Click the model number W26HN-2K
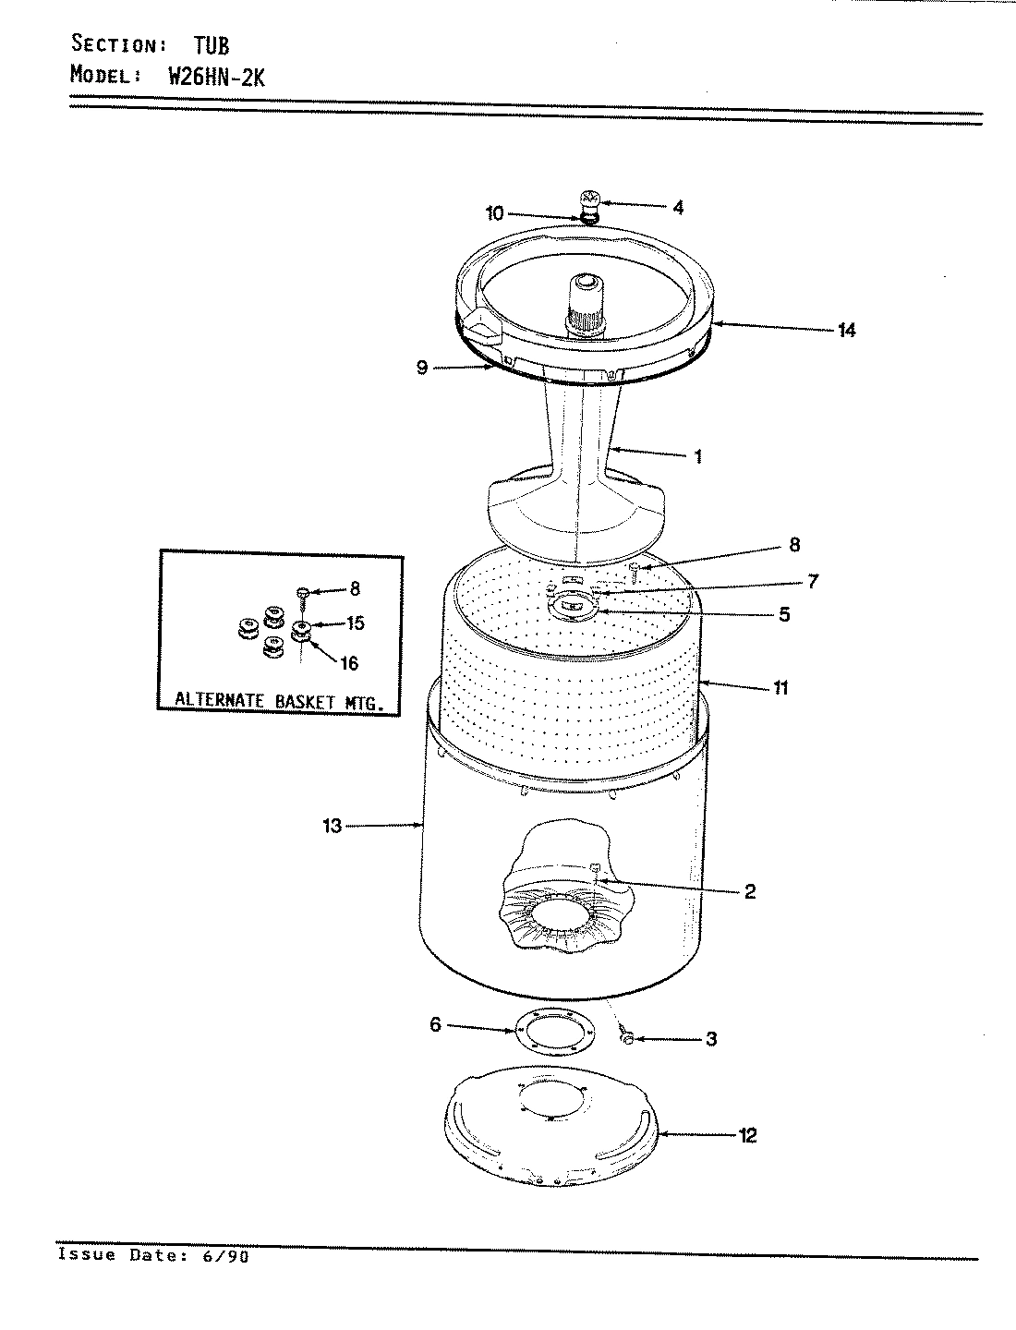(216, 77)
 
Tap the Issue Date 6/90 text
(153, 1255)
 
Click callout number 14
(845, 329)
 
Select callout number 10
(495, 213)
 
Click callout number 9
(422, 368)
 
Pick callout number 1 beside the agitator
(697, 455)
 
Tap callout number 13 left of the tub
(332, 826)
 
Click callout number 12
(748, 1135)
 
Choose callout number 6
(435, 1025)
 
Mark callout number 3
(710, 1039)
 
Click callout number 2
(749, 891)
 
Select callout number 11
(780, 687)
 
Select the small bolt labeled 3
(627, 1038)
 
